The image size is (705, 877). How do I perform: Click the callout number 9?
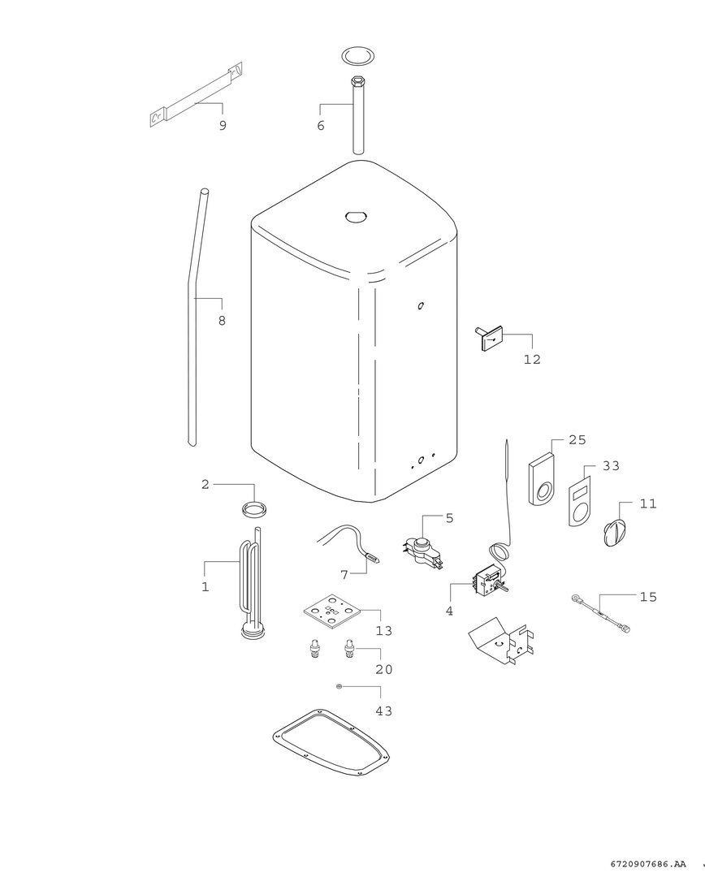[223, 125]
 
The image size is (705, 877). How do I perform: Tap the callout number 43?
[384, 711]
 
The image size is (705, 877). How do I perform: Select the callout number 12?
[532, 359]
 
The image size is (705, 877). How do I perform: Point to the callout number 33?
[611, 465]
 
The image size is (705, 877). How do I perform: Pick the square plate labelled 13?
[332, 611]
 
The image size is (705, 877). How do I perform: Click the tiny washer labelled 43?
[339, 686]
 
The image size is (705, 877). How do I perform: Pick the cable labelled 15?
[600, 614]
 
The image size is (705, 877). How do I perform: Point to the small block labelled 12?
[489, 339]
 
